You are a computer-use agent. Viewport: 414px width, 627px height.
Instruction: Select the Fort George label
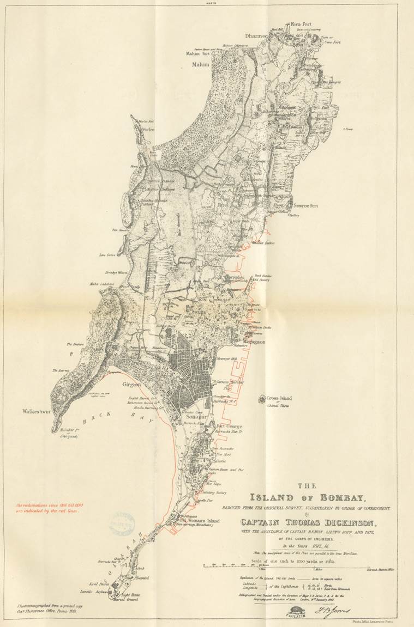pos(229,426)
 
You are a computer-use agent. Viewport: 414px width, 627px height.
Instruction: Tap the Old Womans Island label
pos(200,521)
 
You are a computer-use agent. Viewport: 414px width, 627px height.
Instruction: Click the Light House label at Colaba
pos(131,596)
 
